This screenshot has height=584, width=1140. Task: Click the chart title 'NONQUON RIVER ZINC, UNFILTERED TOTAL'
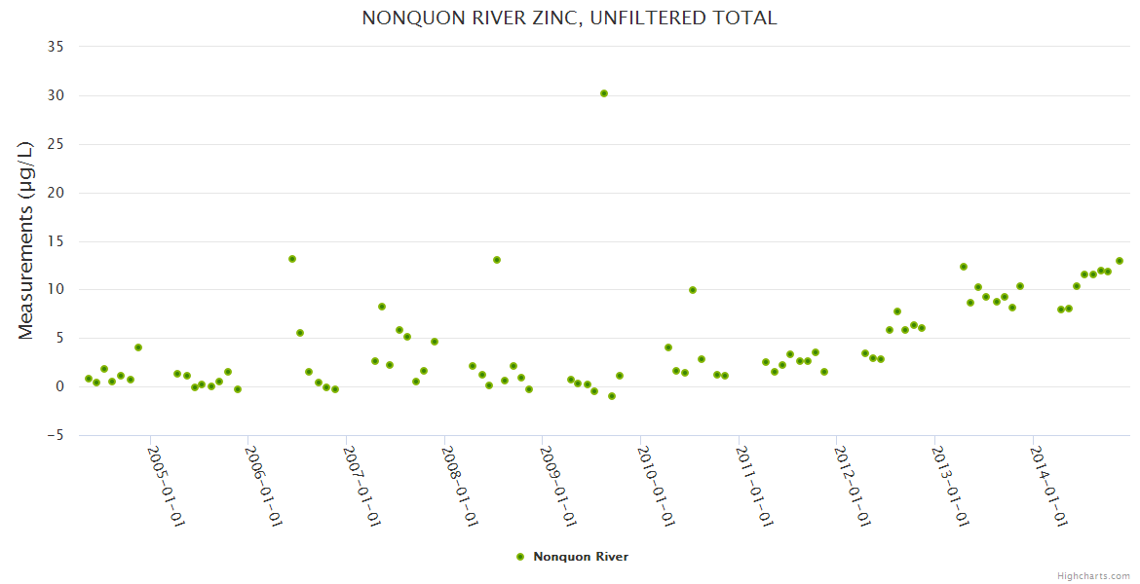(569, 18)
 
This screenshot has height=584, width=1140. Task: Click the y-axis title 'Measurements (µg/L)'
(26, 240)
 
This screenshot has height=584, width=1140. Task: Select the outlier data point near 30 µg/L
(604, 93)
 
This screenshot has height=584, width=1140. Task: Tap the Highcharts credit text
(1093, 575)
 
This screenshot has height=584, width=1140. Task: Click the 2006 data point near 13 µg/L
(292, 259)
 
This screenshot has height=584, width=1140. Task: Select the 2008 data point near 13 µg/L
(497, 260)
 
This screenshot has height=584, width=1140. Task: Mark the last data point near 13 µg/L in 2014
(1120, 261)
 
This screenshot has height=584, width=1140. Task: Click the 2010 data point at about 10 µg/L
(693, 290)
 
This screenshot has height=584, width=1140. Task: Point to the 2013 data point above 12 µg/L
(964, 267)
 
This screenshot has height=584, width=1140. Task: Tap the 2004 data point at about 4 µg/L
(138, 347)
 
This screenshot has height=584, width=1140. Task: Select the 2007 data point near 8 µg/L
(382, 307)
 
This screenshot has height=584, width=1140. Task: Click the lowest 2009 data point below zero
(612, 396)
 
